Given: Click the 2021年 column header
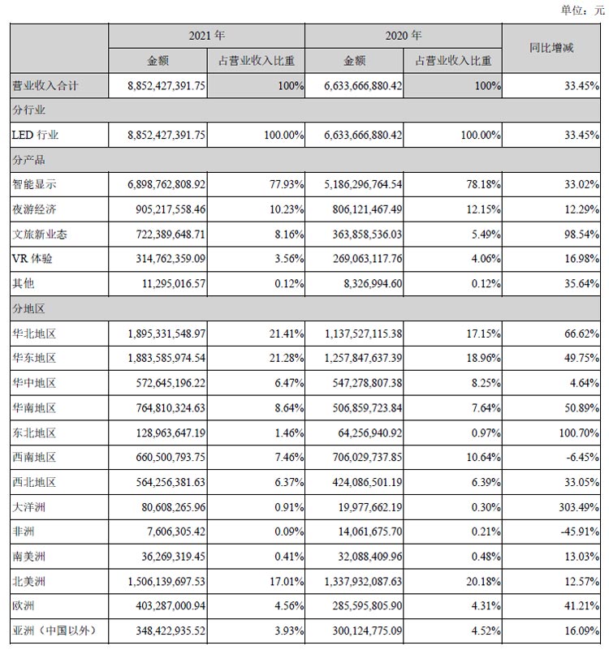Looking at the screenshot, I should pyautogui.click(x=206, y=37).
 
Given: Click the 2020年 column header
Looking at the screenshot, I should pyautogui.click(x=404, y=37).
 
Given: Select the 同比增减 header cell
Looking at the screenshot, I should pyautogui.click(x=551, y=49).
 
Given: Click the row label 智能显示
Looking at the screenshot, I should pyautogui.click(x=34, y=185).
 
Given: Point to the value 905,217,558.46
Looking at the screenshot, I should pyautogui.click(x=166, y=209).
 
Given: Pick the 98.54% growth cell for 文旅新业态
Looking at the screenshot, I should pyautogui.click(x=570, y=235).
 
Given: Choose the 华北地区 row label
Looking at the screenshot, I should pyautogui.click(x=34, y=334).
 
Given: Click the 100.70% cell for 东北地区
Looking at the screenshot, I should pyautogui.click(x=568, y=433).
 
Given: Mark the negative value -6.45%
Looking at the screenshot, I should pyautogui.click(x=572, y=458).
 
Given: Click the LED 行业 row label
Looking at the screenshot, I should pyautogui.click(x=36, y=135).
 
